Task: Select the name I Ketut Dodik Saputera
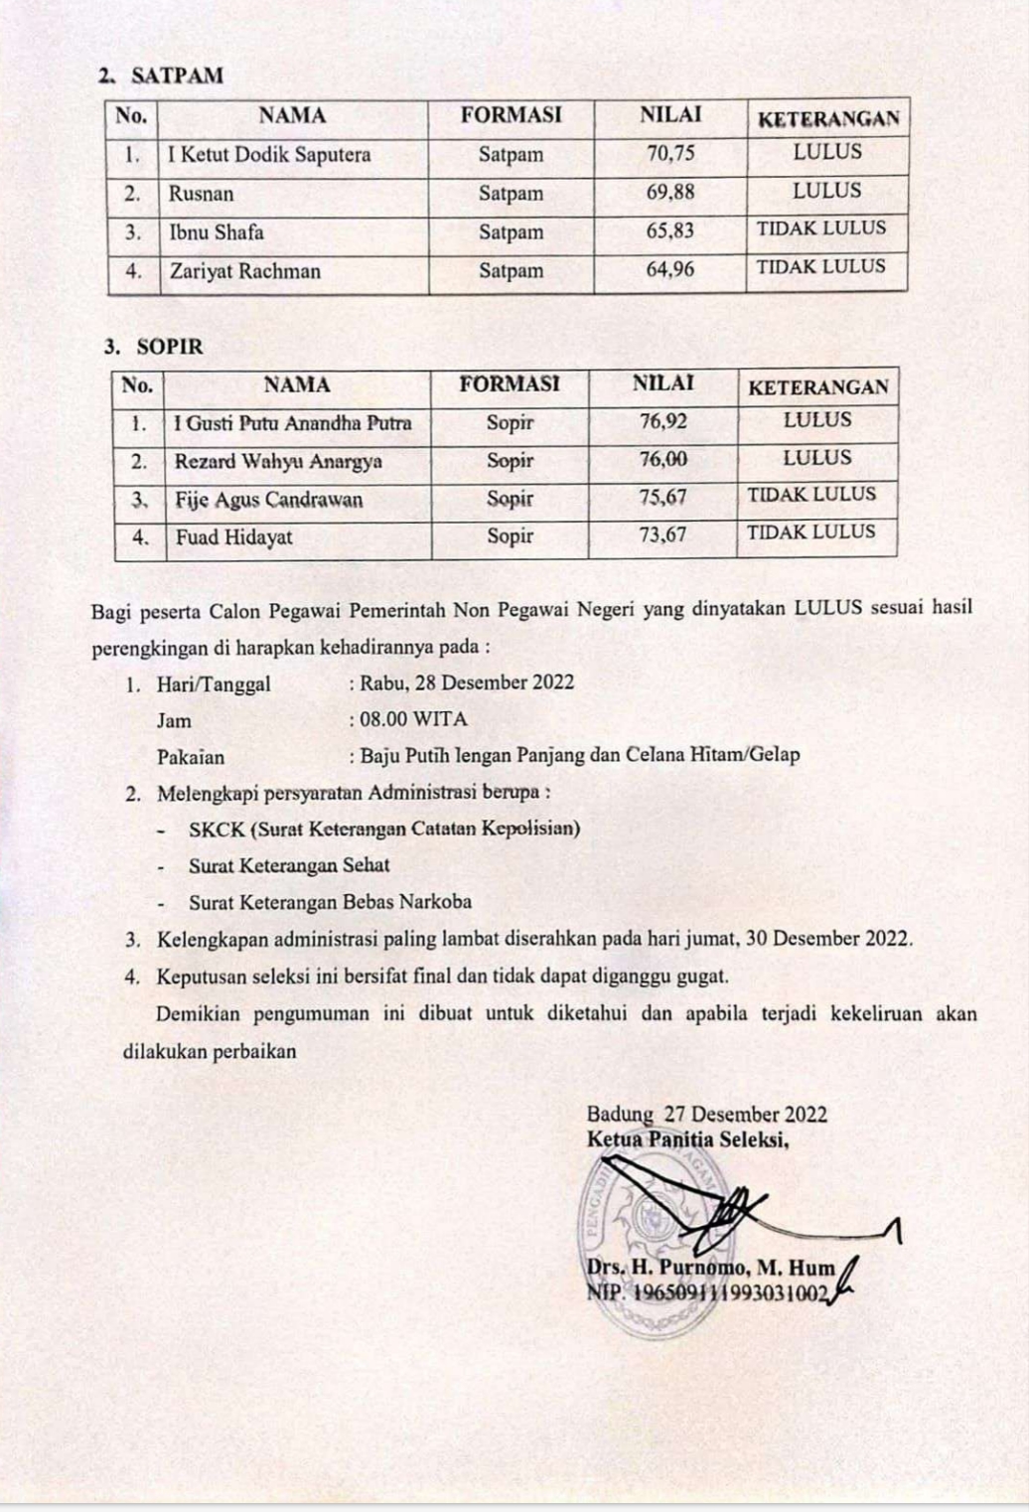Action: tap(269, 155)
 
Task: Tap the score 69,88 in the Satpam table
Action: tap(670, 192)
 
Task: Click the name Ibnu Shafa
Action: tap(217, 232)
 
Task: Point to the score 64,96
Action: tap(670, 269)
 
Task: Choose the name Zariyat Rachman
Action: tap(245, 271)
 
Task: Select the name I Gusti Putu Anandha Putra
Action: tap(292, 423)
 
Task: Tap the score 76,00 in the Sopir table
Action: tap(663, 459)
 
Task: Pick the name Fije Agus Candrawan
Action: tap(269, 500)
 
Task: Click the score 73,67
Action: tap(662, 535)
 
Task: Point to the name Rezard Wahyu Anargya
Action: tap(278, 461)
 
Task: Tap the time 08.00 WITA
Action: tap(413, 719)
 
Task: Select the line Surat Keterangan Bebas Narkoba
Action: tap(330, 902)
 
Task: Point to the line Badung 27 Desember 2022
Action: tap(706, 1115)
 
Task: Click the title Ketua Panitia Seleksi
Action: tap(687, 1138)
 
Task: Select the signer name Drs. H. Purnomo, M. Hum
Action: tap(710, 1269)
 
